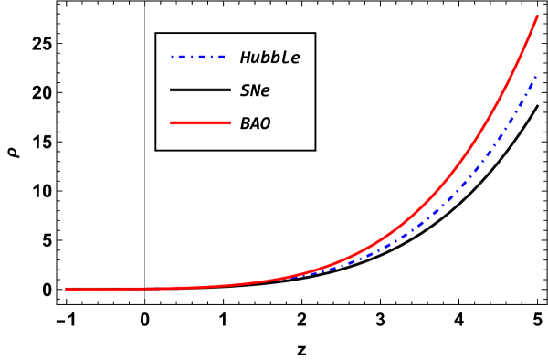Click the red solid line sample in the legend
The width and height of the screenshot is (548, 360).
200,122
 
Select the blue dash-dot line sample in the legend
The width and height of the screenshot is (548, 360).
197,58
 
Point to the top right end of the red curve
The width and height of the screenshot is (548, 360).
538,16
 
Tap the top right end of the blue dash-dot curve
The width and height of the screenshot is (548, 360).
535,79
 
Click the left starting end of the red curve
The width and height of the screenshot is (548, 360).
67,290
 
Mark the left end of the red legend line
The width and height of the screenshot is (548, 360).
171,122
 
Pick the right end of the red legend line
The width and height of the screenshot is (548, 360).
230,122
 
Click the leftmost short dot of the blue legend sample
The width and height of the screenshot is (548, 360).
173,58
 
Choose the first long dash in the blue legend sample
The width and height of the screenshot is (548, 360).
181,58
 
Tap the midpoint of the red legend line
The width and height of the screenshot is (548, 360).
200,122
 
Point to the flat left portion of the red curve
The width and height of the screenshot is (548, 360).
137,289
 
